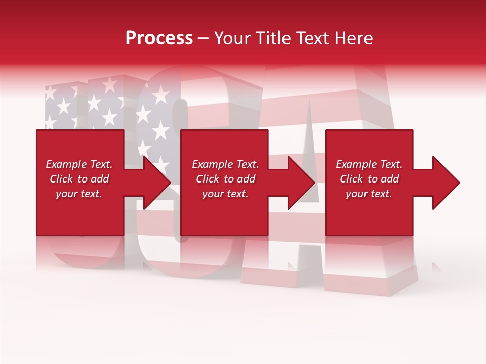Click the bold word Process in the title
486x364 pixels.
click(159, 38)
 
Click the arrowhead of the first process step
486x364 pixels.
click(154, 183)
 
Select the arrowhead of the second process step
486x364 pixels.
click(299, 183)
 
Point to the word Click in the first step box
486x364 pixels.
click(62, 179)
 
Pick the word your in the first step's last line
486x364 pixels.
click(67, 194)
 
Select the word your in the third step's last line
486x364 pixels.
click(357, 194)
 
